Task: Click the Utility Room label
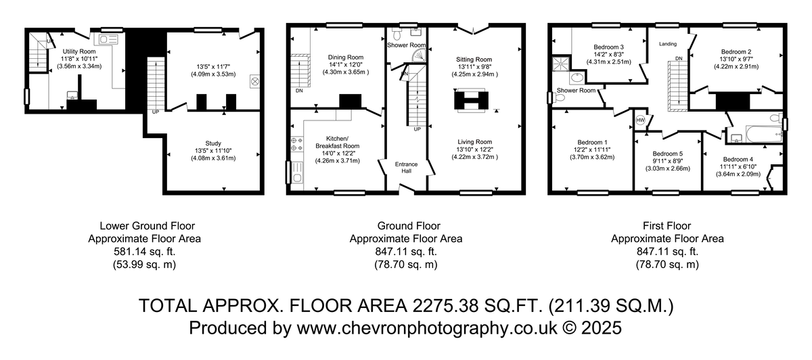(79, 51)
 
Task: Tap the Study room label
(213, 143)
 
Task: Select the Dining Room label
(346, 58)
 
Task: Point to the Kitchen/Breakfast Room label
(337, 142)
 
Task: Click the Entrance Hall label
(407, 168)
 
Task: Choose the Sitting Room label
(474, 60)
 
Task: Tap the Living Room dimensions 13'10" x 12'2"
(474, 150)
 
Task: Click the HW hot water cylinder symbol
(641, 120)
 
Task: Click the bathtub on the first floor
(764, 134)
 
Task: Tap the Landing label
(668, 44)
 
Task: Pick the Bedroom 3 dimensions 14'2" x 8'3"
(608, 54)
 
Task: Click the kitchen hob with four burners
(297, 144)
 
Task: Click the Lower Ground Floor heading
(148, 226)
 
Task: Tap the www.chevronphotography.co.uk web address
(427, 328)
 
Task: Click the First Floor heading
(667, 226)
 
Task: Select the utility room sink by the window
(108, 39)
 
